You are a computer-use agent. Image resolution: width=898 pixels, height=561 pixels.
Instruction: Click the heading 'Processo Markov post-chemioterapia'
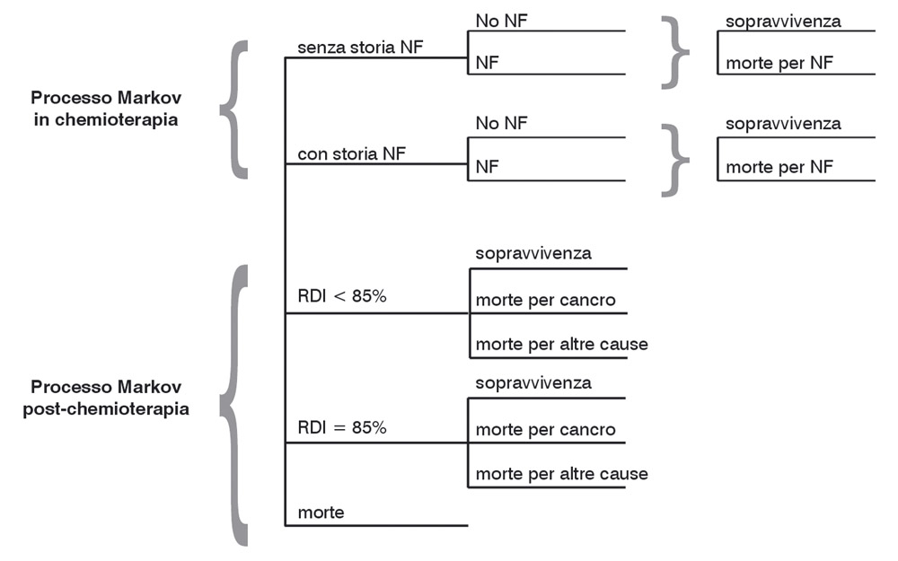tap(107, 399)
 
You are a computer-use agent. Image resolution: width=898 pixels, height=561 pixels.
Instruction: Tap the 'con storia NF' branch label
tap(351, 153)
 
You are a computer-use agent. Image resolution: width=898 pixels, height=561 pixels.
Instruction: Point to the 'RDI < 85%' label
tap(342, 296)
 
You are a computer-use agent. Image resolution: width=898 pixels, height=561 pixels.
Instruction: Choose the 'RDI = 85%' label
tap(342, 427)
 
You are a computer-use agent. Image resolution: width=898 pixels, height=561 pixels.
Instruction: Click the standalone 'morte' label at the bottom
tap(321, 513)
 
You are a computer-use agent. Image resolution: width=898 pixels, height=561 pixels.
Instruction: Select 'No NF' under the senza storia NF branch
tap(502, 19)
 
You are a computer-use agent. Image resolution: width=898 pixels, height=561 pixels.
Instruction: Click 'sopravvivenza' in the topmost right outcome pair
tap(783, 20)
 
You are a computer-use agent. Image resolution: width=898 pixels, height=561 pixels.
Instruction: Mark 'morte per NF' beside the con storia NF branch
tap(779, 167)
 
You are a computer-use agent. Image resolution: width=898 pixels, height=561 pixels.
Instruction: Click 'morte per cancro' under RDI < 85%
tap(545, 301)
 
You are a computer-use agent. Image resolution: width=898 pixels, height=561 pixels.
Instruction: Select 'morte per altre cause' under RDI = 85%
tap(561, 473)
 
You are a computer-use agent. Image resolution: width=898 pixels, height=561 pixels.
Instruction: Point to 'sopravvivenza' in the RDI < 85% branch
tap(533, 253)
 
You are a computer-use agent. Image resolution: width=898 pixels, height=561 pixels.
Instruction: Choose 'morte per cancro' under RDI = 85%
tap(545, 430)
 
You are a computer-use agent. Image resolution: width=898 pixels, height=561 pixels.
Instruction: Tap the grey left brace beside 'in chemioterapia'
tap(233, 109)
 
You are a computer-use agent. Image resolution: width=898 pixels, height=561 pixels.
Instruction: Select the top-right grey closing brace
tap(674, 52)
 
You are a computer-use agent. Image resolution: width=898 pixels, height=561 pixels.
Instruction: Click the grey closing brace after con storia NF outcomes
tap(674, 158)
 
